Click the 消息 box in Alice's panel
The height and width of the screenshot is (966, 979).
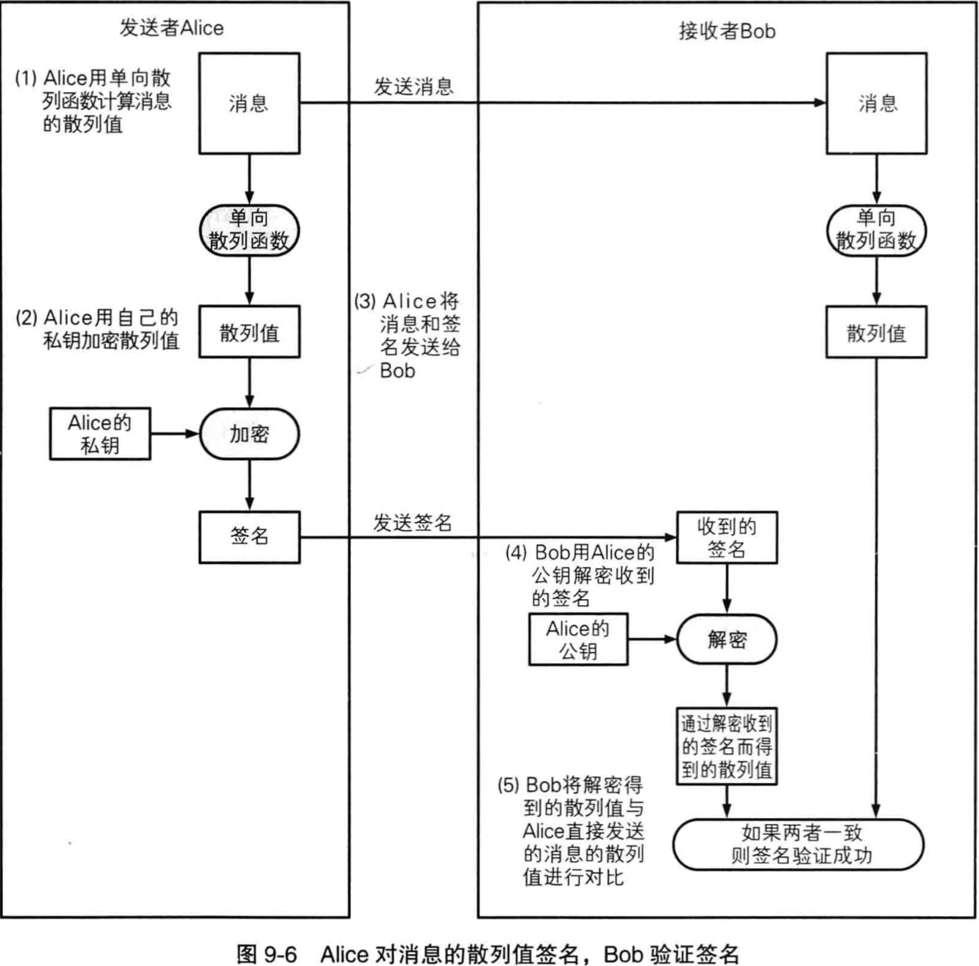tap(249, 103)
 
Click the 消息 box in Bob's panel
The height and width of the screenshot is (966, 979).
tap(876, 103)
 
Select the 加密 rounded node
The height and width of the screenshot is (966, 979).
tap(249, 434)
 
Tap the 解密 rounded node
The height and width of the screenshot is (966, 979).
tap(727, 639)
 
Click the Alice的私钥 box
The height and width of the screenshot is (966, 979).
tap(100, 434)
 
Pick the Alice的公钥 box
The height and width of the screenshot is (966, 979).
tap(578, 639)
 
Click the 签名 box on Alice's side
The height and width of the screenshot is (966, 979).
tap(249, 537)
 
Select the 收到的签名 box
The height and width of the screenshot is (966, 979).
tap(727, 537)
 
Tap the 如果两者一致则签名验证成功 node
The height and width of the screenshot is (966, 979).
tap(799, 844)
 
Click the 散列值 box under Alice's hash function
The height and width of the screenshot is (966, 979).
tap(249, 332)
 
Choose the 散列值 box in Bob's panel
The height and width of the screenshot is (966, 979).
tap(876, 332)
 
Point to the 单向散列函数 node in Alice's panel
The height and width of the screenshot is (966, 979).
tap(249, 230)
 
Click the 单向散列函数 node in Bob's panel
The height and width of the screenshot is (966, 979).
tap(876, 230)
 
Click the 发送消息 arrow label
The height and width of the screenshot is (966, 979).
tap(413, 87)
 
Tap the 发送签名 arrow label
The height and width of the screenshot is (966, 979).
tap(412, 522)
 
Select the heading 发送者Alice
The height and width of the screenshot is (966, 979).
tap(171, 28)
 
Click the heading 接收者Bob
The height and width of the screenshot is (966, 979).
tap(727, 31)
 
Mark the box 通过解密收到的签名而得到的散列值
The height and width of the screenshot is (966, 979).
tap(727, 746)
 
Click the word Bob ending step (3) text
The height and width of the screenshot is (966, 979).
tap(398, 371)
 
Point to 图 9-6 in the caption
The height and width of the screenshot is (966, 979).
tap(266, 954)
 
